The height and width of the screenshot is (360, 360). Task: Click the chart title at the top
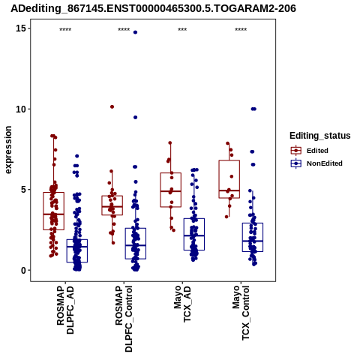click(153, 8)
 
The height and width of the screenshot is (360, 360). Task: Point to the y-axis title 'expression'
click(8, 150)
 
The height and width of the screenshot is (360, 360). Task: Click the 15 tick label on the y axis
click(21, 28)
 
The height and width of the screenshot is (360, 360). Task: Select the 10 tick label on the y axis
click(21, 109)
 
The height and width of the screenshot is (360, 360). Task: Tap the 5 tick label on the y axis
click(23, 190)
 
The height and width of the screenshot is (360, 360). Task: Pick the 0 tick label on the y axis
click(23, 270)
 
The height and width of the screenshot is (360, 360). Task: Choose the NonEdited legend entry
click(316, 163)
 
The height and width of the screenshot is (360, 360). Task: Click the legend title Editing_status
click(320, 136)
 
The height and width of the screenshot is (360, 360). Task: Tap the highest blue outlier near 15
click(135, 32)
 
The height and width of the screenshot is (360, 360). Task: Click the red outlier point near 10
click(112, 106)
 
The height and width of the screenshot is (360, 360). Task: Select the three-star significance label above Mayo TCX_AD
click(182, 30)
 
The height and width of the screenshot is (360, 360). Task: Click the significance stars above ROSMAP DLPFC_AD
click(65, 30)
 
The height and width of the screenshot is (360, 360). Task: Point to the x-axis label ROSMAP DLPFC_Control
click(124, 319)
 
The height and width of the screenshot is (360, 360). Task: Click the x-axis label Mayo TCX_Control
click(241, 313)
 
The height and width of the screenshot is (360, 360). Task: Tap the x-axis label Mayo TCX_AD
click(182, 304)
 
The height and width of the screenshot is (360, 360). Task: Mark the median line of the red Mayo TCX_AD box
click(171, 191)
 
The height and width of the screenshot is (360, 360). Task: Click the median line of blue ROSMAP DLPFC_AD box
click(77, 247)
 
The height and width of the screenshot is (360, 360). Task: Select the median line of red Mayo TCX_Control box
click(229, 190)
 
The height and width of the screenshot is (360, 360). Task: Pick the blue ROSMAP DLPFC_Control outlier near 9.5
click(135, 117)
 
